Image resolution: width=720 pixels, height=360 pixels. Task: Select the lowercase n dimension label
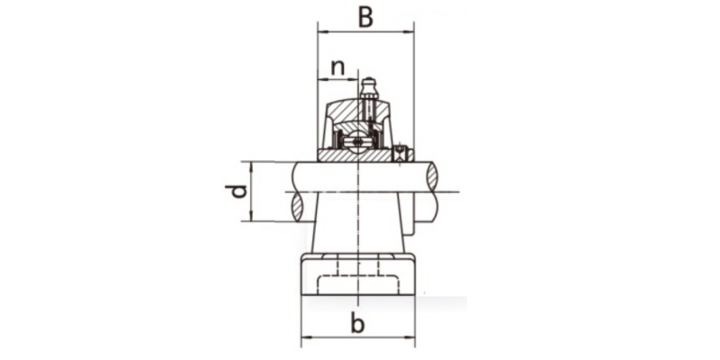[x=337, y=67]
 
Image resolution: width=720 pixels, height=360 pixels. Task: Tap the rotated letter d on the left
[x=236, y=191]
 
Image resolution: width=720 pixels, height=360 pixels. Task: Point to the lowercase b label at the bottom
[x=357, y=325]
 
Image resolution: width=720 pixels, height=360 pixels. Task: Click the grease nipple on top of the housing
[x=367, y=88]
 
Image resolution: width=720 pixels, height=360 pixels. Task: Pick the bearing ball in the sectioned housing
[x=358, y=141]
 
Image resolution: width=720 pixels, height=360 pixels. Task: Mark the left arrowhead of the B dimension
[x=321, y=32]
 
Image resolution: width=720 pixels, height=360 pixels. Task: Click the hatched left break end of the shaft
[x=298, y=191]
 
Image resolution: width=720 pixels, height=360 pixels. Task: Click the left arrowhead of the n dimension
[x=321, y=79]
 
